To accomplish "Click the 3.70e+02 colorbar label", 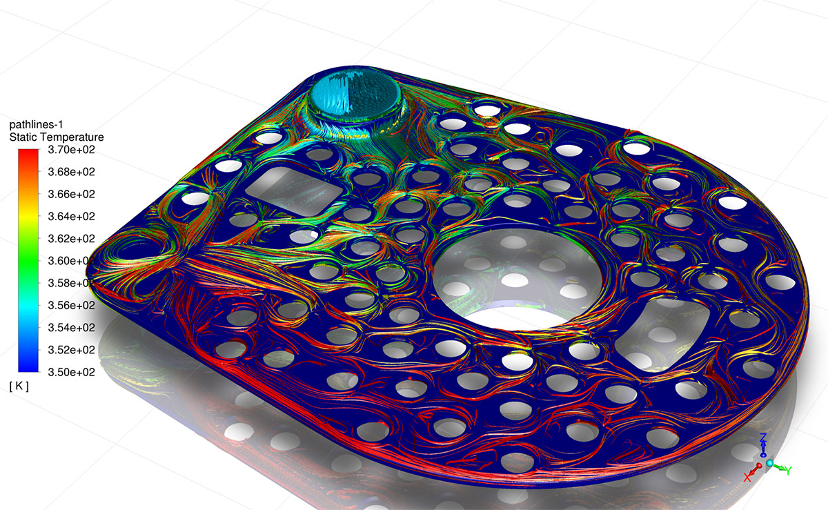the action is click(71, 150).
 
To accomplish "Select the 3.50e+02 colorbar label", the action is click(71, 372).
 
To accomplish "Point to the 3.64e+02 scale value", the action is click(71, 216).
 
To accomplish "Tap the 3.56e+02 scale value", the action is click(71, 306).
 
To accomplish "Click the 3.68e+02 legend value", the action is click(71, 172).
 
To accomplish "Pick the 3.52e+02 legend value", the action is click(71, 350).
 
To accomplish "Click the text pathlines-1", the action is click(36, 125).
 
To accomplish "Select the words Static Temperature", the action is click(57, 137).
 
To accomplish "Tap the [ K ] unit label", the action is click(19, 386).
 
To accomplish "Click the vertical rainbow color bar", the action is click(28, 260).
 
